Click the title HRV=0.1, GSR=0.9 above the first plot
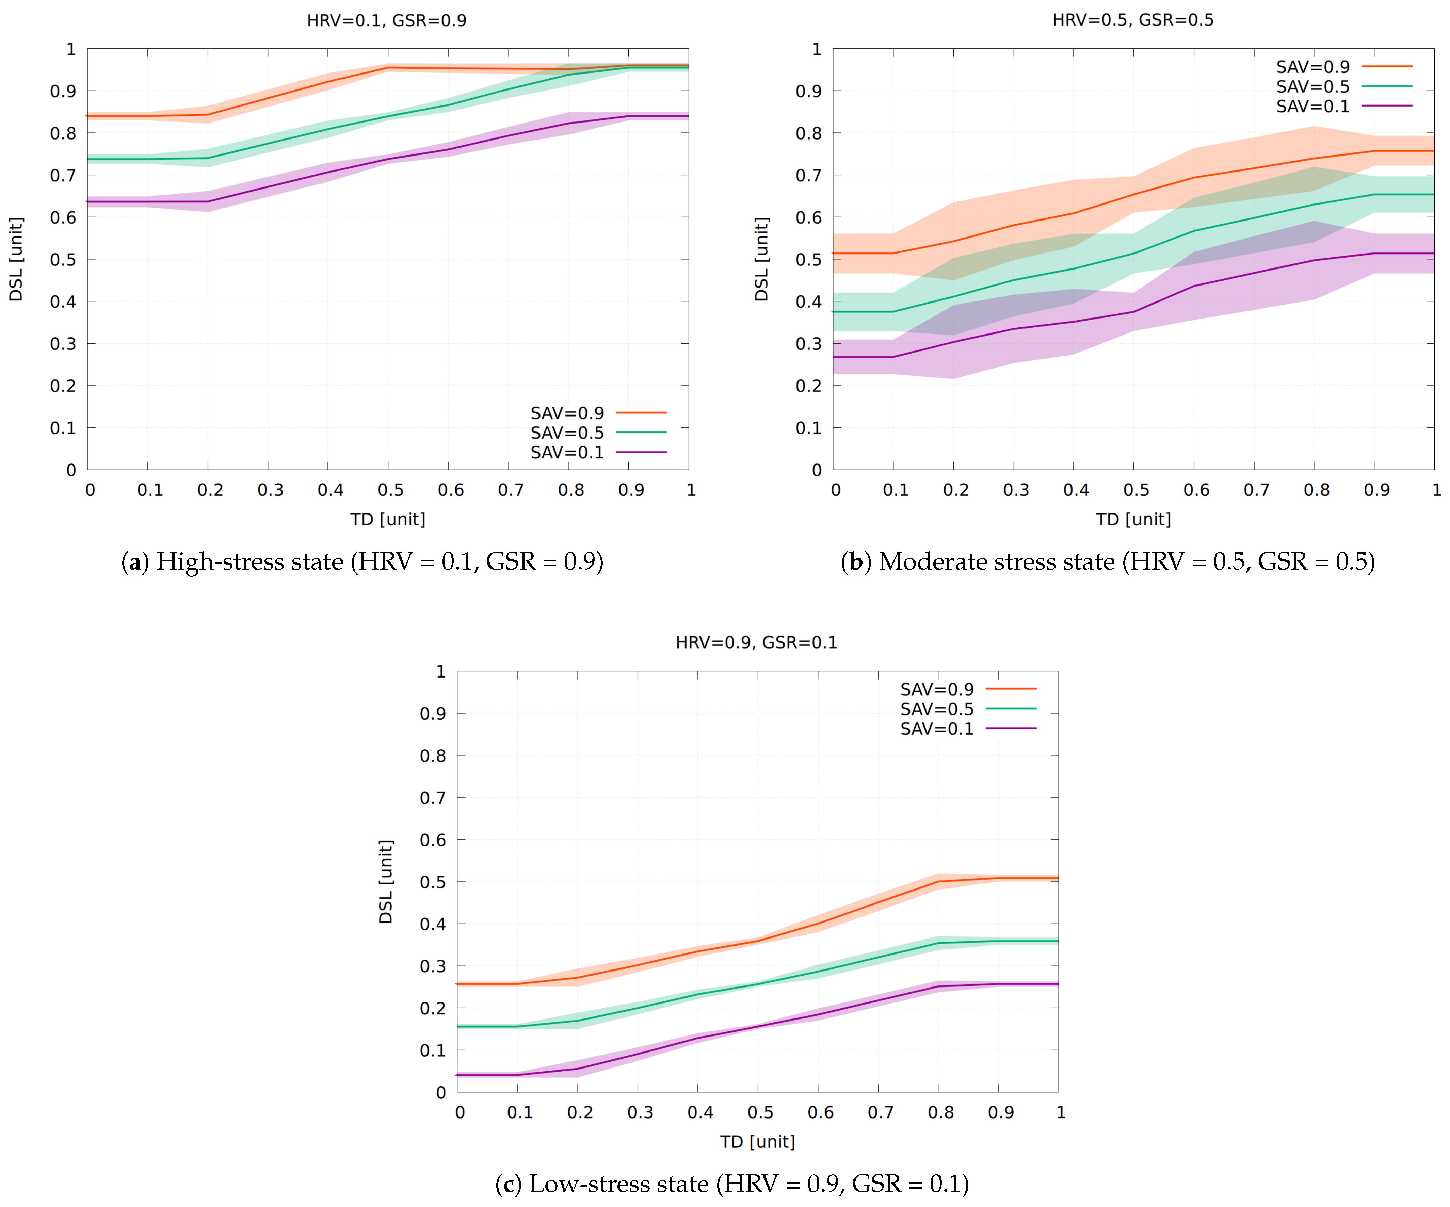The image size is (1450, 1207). (387, 21)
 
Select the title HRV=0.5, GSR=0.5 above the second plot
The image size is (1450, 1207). (1132, 20)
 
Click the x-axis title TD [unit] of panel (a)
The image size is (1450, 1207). (387, 519)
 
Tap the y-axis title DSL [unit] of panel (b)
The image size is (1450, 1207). (762, 260)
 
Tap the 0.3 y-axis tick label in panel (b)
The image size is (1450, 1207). (808, 344)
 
